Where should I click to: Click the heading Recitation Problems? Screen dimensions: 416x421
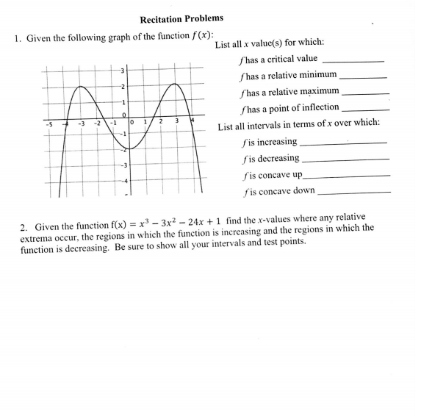tap(181, 18)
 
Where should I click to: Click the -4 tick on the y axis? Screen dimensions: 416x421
tap(123, 180)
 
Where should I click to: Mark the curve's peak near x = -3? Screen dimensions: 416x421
tap(80, 86)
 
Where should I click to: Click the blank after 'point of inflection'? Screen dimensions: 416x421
tap(365, 110)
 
